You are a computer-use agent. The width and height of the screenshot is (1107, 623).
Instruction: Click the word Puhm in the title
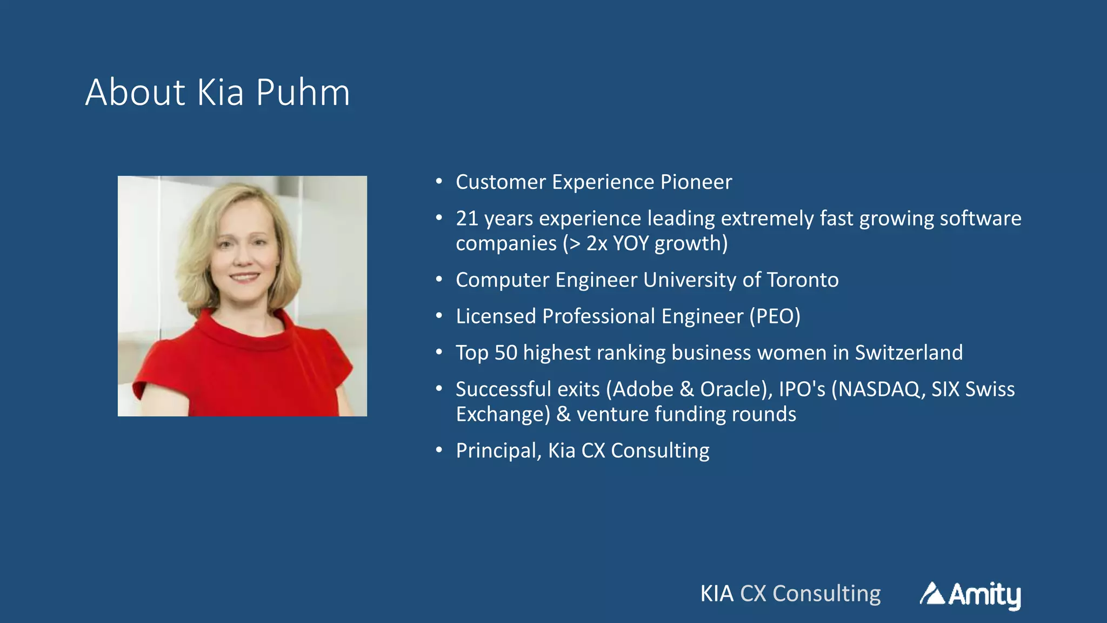(303, 92)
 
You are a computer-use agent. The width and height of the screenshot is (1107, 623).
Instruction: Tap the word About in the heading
(135, 92)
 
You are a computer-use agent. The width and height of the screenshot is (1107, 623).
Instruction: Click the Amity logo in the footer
(970, 594)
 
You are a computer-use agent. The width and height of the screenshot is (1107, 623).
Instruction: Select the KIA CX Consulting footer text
(790, 594)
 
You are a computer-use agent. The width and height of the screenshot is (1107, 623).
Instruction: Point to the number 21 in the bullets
(467, 218)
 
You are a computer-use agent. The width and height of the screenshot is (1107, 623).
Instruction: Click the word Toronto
(803, 280)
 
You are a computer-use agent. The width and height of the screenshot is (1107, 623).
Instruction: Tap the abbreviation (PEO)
(775, 316)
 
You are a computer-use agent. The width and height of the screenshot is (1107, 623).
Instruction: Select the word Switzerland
(909, 353)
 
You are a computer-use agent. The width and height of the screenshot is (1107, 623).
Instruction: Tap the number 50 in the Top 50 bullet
(506, 353)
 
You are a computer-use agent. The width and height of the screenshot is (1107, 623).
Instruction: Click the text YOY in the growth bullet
(631, 244)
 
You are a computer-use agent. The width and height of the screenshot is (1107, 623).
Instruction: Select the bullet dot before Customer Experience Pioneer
(439, 181)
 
